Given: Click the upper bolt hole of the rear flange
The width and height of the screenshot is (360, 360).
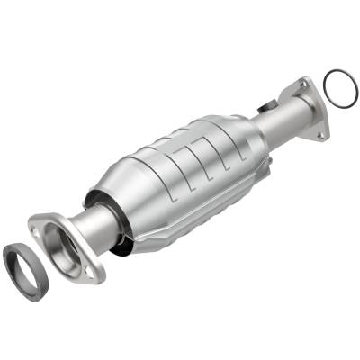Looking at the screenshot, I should [302, 84].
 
